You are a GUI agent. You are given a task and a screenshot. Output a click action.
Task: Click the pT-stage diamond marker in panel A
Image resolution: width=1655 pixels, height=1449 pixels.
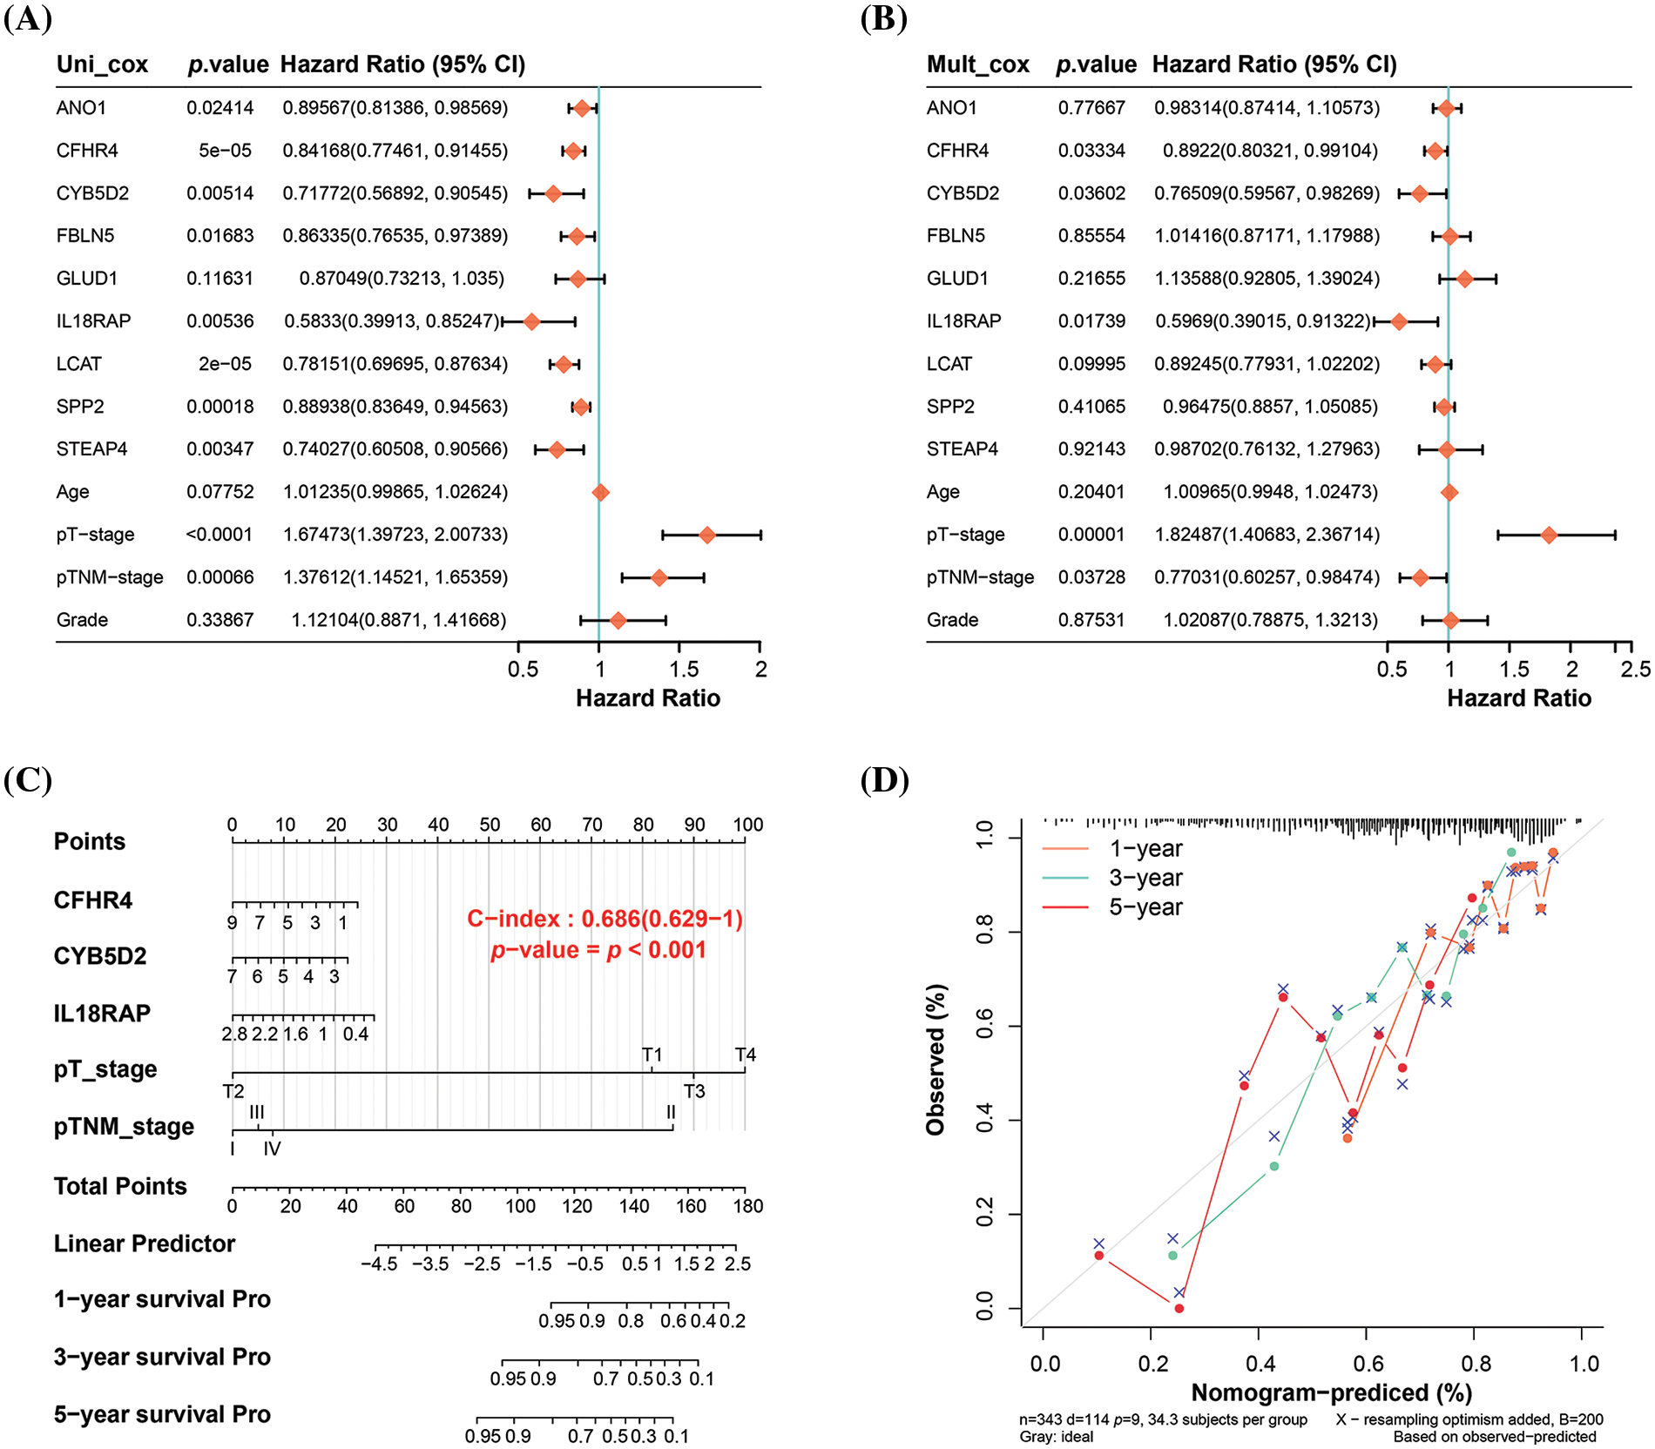pyautogui.click(x=706, y=535)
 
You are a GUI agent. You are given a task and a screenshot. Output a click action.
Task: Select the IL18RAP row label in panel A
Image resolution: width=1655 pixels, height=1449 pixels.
pyautogui.click(x=93, y=321)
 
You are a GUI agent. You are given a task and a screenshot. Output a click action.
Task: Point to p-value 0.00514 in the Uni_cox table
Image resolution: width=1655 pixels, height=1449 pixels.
pyautogui.click(x=220, y=193)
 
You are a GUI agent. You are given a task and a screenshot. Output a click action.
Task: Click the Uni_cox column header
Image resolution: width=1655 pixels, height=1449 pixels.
pyautogui.click(x=102, y=64)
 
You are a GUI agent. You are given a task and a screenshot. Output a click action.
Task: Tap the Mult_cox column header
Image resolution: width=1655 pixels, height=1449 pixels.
pyautogui.click(x=977, y=64)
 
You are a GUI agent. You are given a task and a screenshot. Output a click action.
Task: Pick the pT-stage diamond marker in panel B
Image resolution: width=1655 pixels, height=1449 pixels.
pyautogui.click(x=1548, y=535)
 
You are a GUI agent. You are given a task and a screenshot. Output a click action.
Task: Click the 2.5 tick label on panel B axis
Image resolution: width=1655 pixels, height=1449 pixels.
pyautogui.click(x=1635, y=669)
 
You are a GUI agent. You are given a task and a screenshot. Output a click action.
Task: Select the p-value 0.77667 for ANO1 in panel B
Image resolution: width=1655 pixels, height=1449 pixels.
pyautogui.click(x=1091, y=108)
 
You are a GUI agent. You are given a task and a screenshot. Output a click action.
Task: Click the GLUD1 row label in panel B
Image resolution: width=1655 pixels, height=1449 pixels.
pyautogui.click(x=957, y=279)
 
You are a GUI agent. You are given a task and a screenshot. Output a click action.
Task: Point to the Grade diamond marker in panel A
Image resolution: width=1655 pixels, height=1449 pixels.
pyautogui.click(x=618, y=620)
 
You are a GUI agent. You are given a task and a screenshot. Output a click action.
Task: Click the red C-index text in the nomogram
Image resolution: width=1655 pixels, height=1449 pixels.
pyautogui.click(x=605, y=920)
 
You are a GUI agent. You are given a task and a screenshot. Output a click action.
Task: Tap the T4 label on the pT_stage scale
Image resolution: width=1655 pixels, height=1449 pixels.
pyautogui.click(x=746, y=1055)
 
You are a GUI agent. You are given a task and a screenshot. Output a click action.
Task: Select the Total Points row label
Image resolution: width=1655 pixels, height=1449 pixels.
pyautogui.click(x=120, y=1186)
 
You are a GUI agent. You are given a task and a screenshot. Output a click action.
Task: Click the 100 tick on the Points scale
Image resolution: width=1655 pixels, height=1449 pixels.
pyautogui.click(x=747, y=825)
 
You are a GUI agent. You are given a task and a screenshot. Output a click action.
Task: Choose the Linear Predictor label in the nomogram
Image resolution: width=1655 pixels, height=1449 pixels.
pyautogui.click(x=145, y=1243)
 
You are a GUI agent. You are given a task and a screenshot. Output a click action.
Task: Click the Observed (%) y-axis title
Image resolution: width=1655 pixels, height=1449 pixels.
pyautogui.click(x=936, y=1060)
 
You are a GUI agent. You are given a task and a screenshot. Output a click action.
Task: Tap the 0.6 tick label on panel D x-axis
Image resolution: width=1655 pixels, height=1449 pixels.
pyautogui.click(x=1368, y=1364)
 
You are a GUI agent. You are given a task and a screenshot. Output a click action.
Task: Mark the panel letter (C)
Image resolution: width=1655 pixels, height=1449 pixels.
pyautogui.click(x=28, y=779)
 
